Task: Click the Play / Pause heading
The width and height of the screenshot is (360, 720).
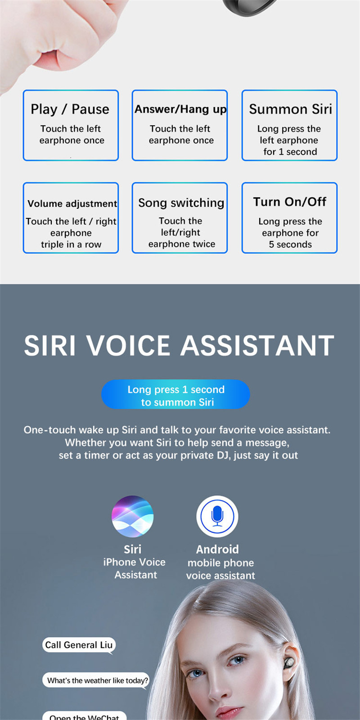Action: pos(70,109)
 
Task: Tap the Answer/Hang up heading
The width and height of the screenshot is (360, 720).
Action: pos(180,109)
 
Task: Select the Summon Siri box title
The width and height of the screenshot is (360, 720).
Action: pos(290,109)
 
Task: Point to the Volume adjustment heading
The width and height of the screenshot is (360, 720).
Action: pos(72,204)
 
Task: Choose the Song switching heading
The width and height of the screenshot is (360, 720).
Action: pos(181,203)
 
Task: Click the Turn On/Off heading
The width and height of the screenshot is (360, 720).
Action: pos(290,202)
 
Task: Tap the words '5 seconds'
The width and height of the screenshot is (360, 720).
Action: pos(290,245)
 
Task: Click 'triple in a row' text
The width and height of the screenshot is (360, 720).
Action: pos(71,245)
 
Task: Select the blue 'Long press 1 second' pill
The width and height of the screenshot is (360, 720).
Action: pos(175,394)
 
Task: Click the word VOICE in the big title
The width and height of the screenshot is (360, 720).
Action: pos(129,346)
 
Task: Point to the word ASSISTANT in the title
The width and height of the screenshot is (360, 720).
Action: pos(257,346)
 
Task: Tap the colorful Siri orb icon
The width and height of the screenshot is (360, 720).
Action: pos(132,516)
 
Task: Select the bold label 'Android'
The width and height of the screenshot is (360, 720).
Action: pos(217,549)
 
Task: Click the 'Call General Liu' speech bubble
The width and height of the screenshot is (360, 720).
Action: pos(79,645)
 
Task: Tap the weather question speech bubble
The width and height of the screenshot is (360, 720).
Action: pos(96,680)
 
